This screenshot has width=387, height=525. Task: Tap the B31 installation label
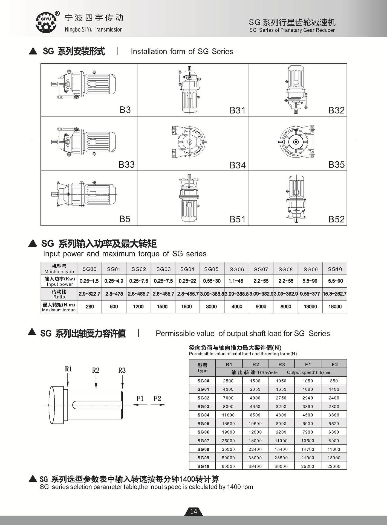[237, 110]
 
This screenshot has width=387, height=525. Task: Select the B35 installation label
[336, 165]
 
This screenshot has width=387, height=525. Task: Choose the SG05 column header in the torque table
[211, 269]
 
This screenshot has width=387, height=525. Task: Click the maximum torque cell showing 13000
[310, 307]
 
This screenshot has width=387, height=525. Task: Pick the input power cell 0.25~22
[187, 281]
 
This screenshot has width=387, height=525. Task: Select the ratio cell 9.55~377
[310, 294]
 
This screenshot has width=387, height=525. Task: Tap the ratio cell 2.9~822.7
[89, 294]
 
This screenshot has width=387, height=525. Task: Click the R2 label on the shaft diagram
[96, 371]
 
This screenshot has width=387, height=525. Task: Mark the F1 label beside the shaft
[140, 399]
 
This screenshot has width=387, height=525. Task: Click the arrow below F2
[158, 405]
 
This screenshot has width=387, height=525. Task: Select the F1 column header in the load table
[308, 364]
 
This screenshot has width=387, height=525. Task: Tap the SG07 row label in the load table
[203, 441]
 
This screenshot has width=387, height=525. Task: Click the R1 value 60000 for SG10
[228, 466]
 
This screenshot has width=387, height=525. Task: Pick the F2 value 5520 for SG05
[334, 424]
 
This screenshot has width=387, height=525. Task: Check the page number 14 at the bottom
[193, 511]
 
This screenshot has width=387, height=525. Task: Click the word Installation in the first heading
[149, 51]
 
